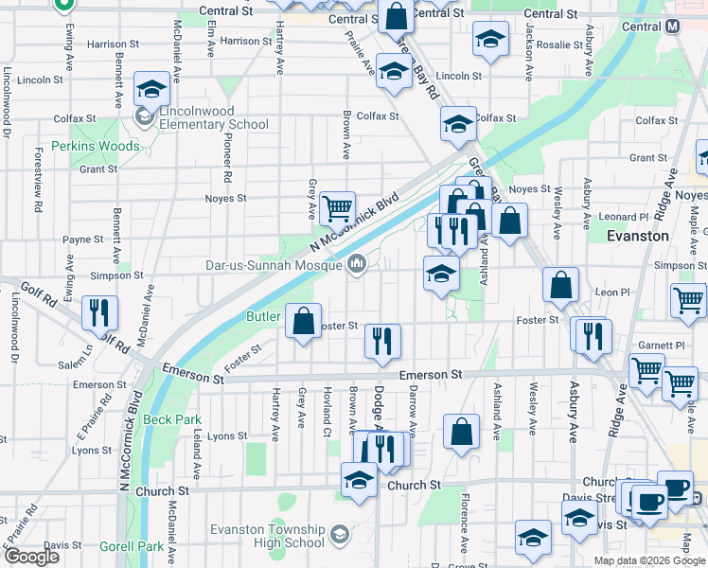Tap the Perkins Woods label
(x=96, y=147)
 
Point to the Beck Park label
(x=173, y=418)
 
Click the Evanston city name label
(x=638, y=236)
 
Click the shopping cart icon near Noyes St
(x=337, y=207)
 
